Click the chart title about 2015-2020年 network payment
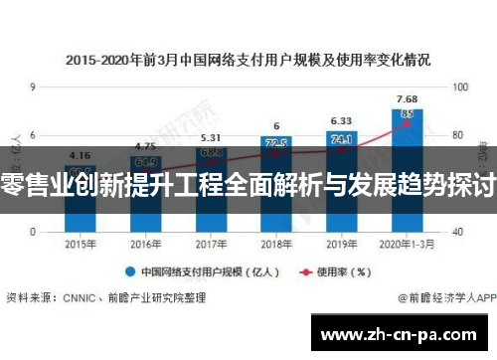pos(248,60)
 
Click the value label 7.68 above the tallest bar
pos(407,98)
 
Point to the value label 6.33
pos(341,121)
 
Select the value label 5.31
pos(210,138)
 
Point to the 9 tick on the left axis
pos(33,88)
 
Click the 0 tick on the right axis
pos(454,230)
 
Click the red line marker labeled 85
pos(407,113)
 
